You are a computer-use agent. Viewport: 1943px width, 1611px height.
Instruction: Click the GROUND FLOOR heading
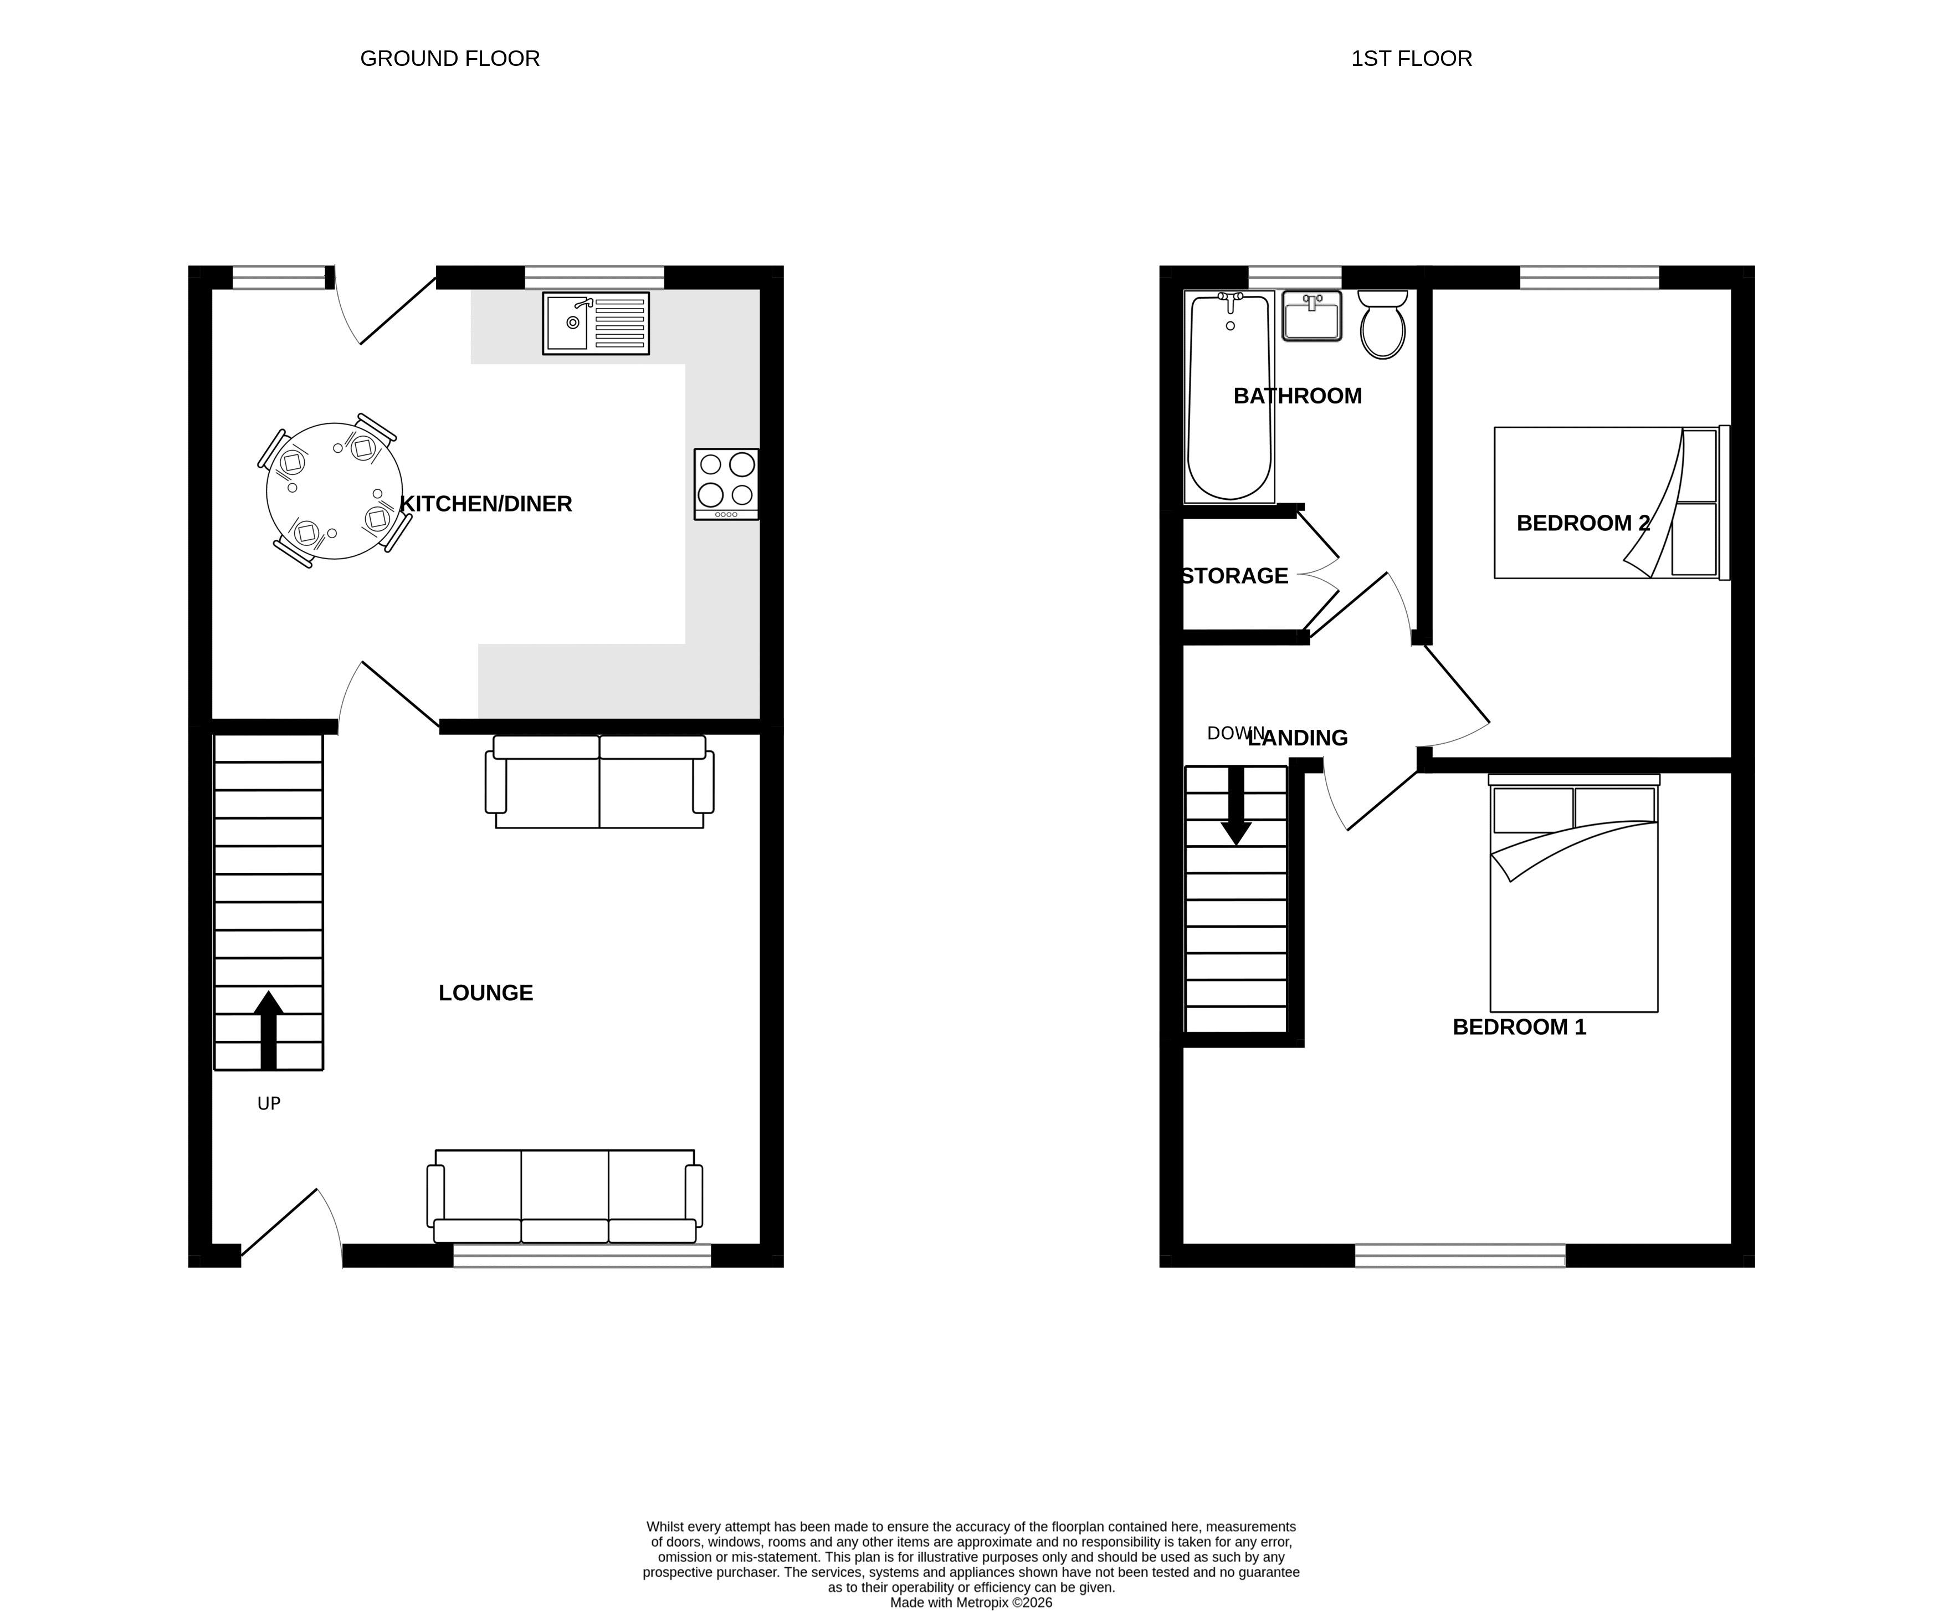pos(450,58)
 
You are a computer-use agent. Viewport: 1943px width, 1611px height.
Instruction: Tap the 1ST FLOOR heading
pos(1411,58)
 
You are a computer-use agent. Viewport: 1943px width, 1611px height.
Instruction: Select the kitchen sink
pos(596,323)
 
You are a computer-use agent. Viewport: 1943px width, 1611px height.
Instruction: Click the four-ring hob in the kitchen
pos(726,484)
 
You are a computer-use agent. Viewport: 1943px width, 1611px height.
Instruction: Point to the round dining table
pos(334,490)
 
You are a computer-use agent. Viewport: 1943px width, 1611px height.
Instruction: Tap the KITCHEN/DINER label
pos(486,503)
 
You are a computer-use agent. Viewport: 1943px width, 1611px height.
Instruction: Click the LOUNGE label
pos(486,993)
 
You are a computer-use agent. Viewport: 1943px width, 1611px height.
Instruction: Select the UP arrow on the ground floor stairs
pos(268,1030)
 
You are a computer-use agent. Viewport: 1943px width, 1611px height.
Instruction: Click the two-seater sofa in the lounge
pos(599,781)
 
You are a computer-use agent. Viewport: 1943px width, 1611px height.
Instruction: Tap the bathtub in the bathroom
pos(1229,397)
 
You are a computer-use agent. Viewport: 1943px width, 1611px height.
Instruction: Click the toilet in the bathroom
pos(1382,324)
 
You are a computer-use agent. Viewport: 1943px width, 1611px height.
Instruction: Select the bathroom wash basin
pos(1312,315)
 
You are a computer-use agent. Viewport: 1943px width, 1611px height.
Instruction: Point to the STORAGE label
pos(1235,576)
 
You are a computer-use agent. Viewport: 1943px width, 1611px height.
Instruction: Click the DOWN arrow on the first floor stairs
pos(1236,806)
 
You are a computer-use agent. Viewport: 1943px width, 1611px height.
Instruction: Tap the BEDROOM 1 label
pos(1519,1027)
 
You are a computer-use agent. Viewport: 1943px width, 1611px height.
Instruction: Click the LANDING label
pos(1298,738)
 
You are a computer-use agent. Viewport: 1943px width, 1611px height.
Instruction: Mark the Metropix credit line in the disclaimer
pos(972,1603)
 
